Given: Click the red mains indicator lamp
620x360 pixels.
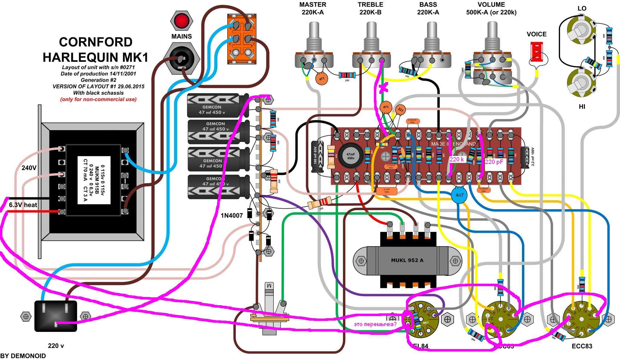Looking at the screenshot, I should pos(182,21).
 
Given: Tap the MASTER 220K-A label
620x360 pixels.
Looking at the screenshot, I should pos(313,8).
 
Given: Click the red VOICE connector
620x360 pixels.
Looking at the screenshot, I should pos(536,52).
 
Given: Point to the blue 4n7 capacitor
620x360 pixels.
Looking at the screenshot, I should pos(459,195).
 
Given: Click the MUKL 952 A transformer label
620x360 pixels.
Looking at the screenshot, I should pos(407,260).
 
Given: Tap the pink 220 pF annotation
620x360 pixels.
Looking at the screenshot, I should pos(494,162).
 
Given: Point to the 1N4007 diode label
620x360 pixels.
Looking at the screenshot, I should pos(232,216).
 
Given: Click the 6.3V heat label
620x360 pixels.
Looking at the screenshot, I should pos(23,205).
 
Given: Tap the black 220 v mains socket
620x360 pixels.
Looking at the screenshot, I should pos(56,316).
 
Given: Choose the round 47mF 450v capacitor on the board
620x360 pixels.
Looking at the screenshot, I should pos(351,156).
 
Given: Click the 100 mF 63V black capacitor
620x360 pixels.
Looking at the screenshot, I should pos(317,156).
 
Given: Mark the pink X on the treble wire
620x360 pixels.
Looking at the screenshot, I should pos(383,88).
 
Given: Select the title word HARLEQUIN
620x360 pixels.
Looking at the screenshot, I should pos(95,57).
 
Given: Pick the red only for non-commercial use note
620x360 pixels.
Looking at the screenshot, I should pos(98,99).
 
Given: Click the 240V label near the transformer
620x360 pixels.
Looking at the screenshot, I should pos(29,167).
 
